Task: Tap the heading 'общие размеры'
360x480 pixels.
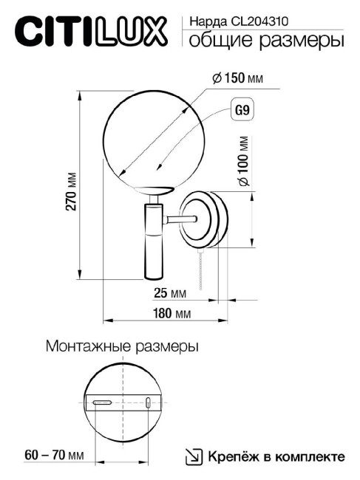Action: [266, 41]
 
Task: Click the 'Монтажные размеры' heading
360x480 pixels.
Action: [122, 346]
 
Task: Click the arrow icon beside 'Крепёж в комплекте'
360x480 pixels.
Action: [193, 456]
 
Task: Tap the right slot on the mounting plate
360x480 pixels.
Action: [150, 402]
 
